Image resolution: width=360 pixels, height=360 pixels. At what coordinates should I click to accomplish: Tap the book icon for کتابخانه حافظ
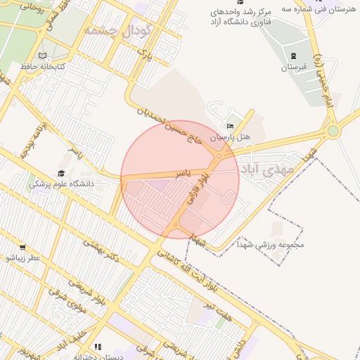click(x=43, y=55)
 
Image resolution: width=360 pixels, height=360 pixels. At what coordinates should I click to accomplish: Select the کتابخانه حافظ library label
click(x=42, y=66)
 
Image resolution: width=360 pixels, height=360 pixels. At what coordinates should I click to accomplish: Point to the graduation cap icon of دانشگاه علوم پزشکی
click(x=60, y=173)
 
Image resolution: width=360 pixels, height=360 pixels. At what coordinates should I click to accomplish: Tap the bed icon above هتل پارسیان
click(x=230, y=126)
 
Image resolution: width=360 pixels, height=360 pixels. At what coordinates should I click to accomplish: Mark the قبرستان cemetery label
click(x=294, y=67)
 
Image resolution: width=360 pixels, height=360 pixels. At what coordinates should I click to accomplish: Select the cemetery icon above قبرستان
click(x=293, y=56)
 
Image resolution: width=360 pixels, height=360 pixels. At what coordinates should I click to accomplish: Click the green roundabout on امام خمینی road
click(x=333, y=130)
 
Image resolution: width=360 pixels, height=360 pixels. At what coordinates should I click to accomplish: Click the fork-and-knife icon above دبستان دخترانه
click(x=98, y=347)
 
